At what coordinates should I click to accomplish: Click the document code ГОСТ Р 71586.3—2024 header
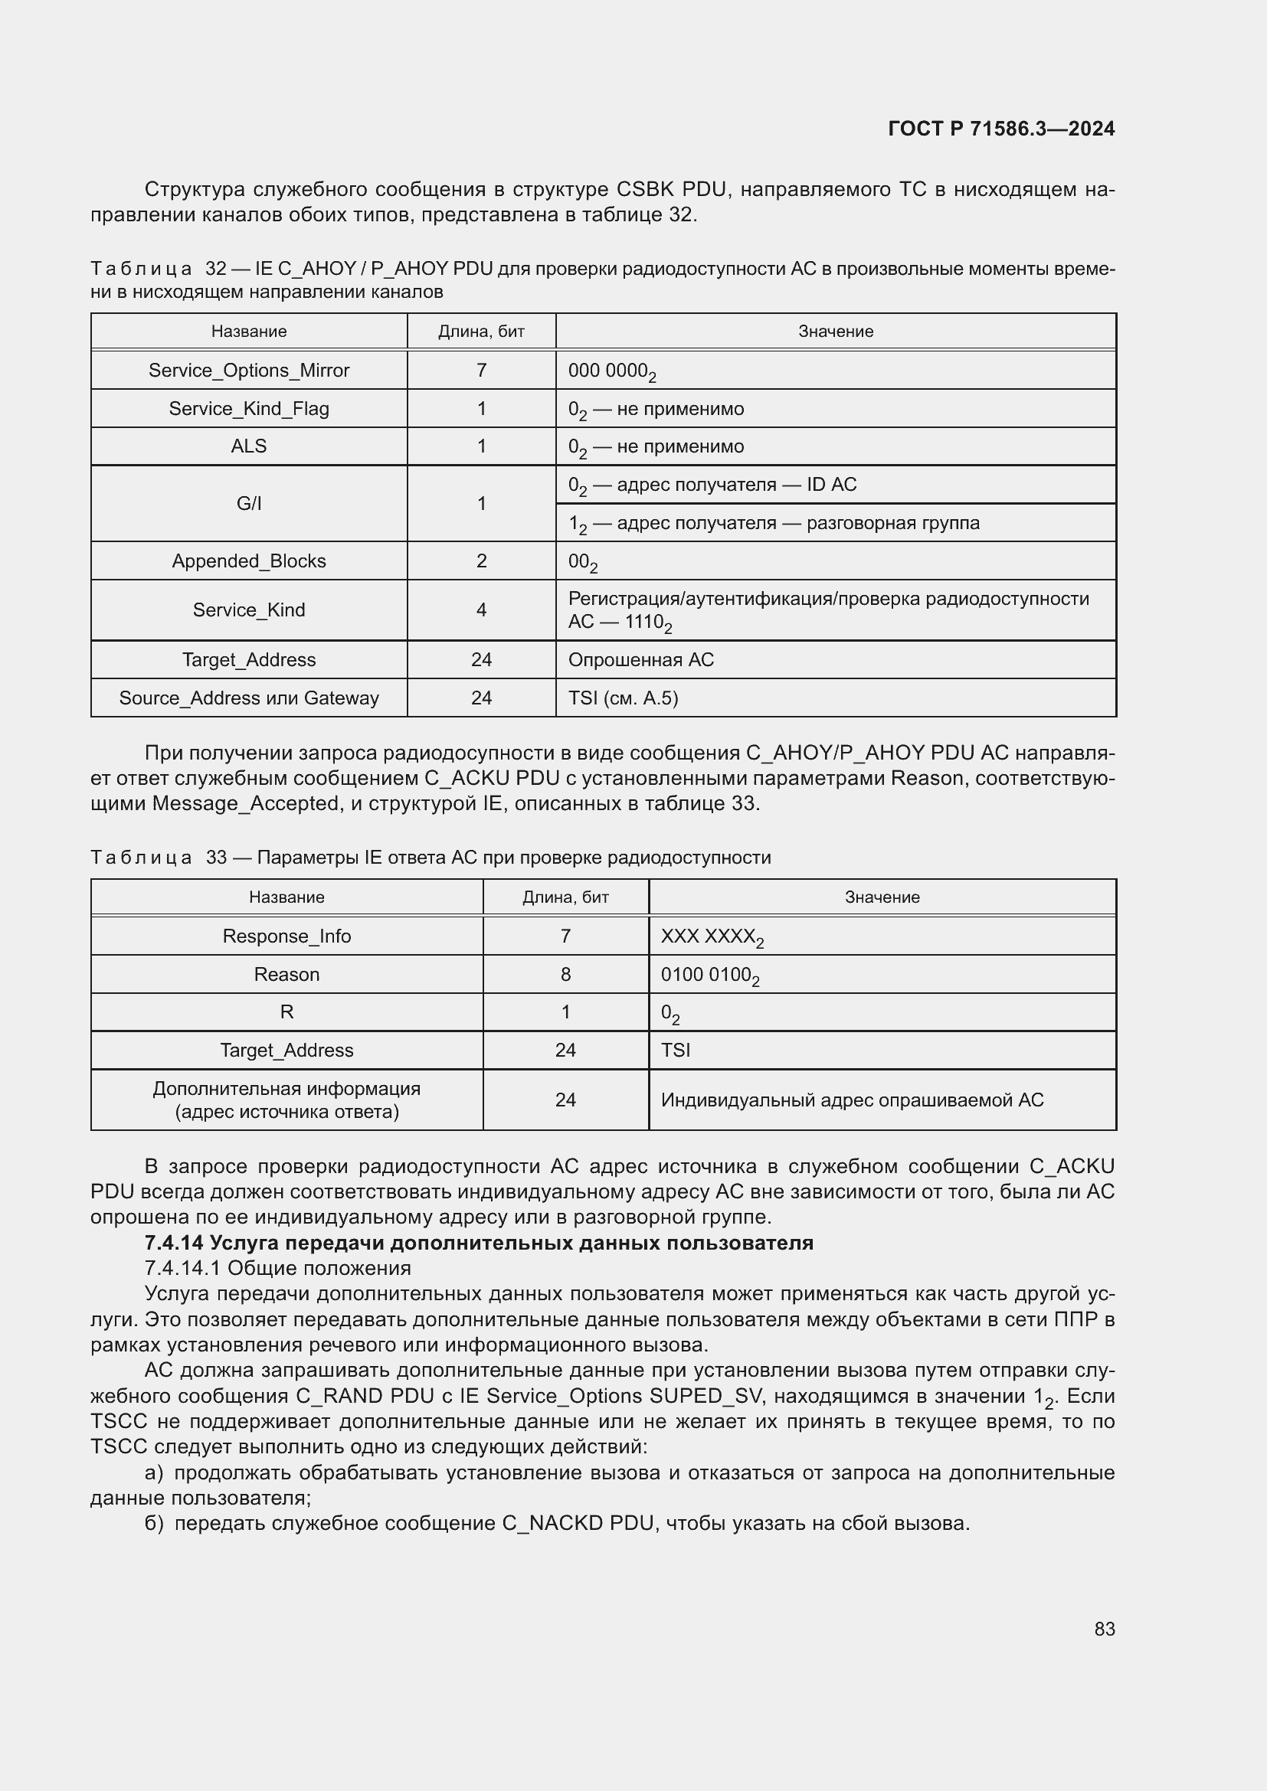point(1001,129)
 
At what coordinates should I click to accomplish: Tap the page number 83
point(1104,1629)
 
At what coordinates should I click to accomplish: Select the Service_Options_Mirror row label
point(249,371)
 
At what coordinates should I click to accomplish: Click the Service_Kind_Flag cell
point(249,409)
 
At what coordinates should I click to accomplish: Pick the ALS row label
point(249,446)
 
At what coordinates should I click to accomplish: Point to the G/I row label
point(249,504)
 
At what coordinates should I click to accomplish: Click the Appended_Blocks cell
point(249,561)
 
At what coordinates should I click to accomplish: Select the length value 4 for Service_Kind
point(481,610)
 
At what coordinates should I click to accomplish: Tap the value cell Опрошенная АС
point(640,660)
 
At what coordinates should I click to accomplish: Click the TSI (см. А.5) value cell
point(623,698)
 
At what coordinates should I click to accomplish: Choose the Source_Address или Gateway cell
point(249,698)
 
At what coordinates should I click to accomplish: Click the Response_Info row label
point(286,936)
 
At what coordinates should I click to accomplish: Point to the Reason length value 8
point(565,974)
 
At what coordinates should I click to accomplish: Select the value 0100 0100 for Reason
point(709,975)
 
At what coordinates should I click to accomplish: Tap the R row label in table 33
point(286,1012)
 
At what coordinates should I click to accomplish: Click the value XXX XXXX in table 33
point(712,936)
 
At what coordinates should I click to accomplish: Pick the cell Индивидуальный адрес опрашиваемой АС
point(852,1100)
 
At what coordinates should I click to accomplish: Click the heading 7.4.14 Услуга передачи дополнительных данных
point(479,1243)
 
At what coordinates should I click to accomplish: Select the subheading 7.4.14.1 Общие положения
point(278,1268)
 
